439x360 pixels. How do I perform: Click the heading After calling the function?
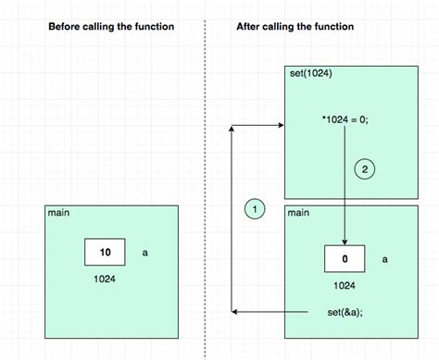point(295,27)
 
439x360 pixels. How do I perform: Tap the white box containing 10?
point(106,252)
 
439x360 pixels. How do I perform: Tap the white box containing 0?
point(345,259)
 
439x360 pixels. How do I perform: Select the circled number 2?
point(365,169)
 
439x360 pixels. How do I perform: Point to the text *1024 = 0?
point(345,119)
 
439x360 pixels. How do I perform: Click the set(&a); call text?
point(345,312)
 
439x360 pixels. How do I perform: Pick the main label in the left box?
point(58,213)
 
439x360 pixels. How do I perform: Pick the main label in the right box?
point(298,213)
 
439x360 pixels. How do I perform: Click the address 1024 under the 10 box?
point(106,276)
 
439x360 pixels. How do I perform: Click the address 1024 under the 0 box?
point(345,284)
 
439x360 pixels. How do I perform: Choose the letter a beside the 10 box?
point(144,252)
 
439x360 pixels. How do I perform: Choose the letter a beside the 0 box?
point(384,259)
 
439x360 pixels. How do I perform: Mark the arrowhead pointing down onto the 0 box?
point(345,241)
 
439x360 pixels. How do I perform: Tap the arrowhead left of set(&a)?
point(234,312)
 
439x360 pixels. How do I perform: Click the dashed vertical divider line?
point(205,185)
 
